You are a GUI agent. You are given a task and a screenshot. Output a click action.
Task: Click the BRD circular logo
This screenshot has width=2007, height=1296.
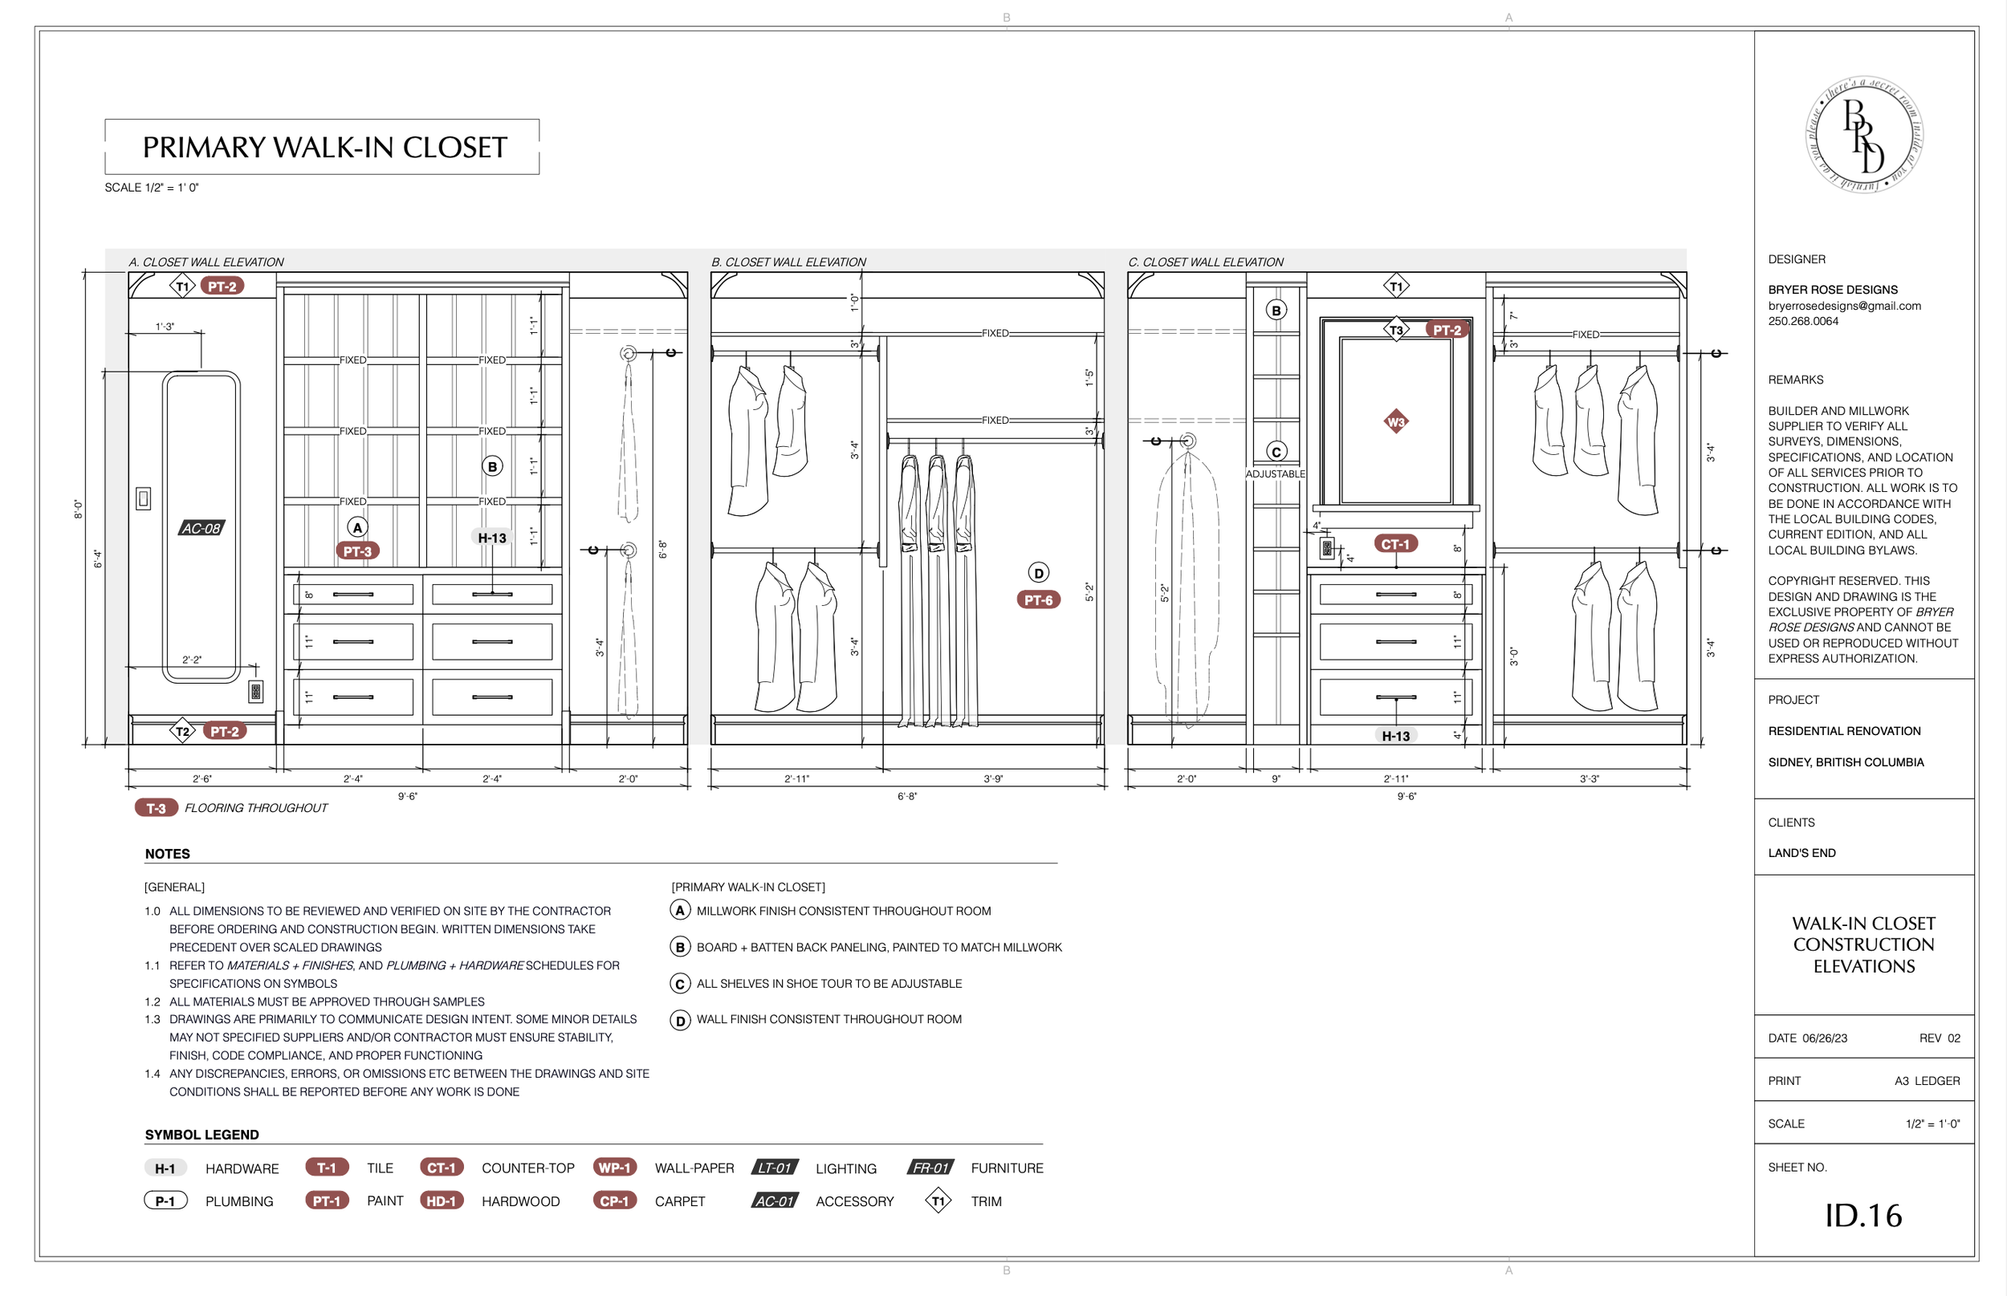(1864, 135)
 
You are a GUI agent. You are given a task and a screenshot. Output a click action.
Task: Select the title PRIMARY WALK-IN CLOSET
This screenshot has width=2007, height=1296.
(324, 148)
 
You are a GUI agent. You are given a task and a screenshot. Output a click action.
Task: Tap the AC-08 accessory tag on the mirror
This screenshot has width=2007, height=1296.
(202, 529)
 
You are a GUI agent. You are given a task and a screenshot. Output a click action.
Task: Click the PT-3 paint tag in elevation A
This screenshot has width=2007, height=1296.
(357, 551)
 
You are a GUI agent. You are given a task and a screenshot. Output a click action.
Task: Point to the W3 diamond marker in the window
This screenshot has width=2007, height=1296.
(1395, 421)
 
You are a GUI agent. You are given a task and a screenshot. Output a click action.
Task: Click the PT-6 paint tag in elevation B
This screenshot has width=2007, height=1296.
(1038, 600)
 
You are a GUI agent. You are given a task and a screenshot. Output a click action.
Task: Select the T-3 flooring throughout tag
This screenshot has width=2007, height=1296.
(157, 808)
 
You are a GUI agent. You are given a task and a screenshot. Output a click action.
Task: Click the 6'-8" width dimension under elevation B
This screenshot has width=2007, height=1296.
(906, 796)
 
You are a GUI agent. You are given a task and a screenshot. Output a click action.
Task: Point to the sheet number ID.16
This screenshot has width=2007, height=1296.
(1863, 1215)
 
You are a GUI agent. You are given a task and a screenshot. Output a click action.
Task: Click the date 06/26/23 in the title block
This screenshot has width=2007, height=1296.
(1824, 1038)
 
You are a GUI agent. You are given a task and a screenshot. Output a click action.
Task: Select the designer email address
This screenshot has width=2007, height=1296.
(1844, 306)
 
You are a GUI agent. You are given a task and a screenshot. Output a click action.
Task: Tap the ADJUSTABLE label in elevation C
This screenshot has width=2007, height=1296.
(1276, 473)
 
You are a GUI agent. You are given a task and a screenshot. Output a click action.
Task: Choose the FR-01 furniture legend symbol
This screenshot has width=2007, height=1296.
(931, 1168)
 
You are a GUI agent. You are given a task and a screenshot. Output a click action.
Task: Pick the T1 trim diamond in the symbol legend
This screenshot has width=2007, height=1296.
(938, 1201)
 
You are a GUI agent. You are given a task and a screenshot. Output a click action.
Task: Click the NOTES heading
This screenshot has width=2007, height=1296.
(168, 853)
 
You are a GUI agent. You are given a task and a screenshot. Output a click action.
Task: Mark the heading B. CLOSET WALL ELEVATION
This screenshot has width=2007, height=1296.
(788, 262)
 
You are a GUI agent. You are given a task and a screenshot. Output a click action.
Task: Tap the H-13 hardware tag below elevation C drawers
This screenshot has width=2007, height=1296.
(1395, 736)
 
